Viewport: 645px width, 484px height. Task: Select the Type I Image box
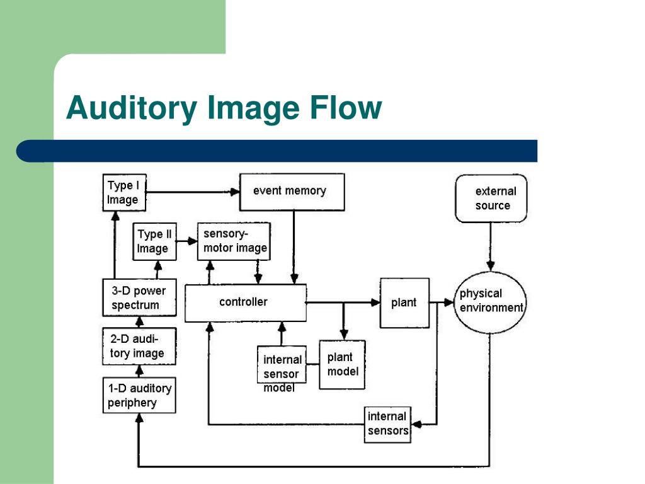(x=123, y=192)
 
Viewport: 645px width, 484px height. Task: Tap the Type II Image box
(x=154, y=241)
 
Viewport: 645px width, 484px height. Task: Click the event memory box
(x=292, y=192)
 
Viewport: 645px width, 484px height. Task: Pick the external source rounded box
(x=491, y=198)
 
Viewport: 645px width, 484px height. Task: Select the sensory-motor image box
(x=234, y=241)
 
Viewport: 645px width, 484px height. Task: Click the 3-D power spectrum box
(x=139, y=298)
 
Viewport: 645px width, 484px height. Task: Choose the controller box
(x=245, y=302)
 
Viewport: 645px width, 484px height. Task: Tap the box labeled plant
(x=404, y=302)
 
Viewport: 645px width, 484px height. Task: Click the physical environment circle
(x=490, y=301)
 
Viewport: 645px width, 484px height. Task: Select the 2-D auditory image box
(x=139, y=347)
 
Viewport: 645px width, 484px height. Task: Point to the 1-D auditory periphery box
(x=139, y=396)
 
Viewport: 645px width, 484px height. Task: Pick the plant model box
(x=342, y=365)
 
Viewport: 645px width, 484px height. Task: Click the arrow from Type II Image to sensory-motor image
(x=186, y=240)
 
